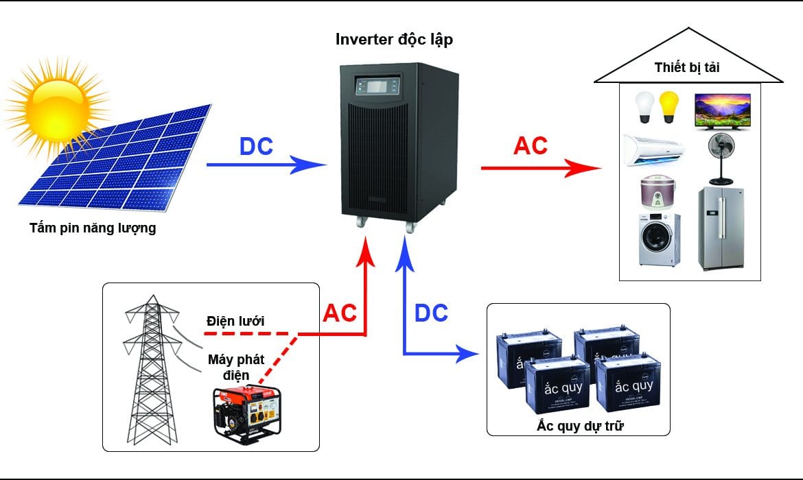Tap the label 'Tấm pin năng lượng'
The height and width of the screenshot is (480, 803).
click(x=93, y=228)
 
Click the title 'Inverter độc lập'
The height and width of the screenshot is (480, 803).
click(x=394, y=39)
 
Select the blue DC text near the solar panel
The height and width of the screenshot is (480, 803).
click(x=256, y=147)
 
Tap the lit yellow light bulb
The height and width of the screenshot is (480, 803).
click(x=670, y=108)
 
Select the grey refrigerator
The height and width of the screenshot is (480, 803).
click(x=720, y=228)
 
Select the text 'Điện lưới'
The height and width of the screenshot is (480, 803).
click(x=235, y=320)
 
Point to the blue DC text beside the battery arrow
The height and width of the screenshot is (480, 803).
click(x=431, y=313)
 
